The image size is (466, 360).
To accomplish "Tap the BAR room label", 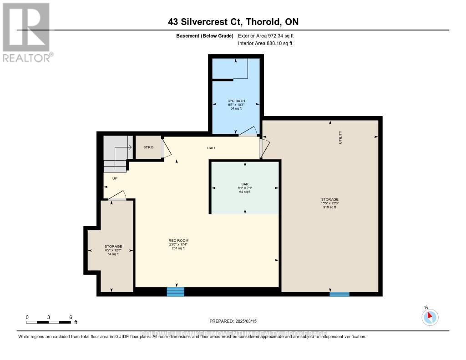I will pos(245,184).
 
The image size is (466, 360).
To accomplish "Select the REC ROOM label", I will pos(178,240).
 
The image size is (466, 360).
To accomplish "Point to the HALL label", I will pos(212,148).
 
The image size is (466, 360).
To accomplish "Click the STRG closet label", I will pos(148,147).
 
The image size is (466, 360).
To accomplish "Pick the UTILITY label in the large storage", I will pos(340,137).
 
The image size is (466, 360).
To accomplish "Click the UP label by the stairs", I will pos(115,178).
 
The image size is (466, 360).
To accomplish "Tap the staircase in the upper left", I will pos(116,153).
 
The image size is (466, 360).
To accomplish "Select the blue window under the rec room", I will pos(175,292).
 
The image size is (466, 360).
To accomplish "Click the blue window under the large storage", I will pos(339,294).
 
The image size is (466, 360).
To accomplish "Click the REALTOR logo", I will pos(26,32).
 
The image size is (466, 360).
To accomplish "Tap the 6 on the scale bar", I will pos(71,317).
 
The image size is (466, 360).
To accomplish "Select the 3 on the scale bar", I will pos(49,317).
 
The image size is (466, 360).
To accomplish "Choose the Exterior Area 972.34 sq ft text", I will pos(269,35).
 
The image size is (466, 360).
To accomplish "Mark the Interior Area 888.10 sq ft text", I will pos(265,43).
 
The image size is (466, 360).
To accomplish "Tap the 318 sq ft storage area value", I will pos(329,207).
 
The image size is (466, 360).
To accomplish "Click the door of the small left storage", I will pos(116,196).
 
